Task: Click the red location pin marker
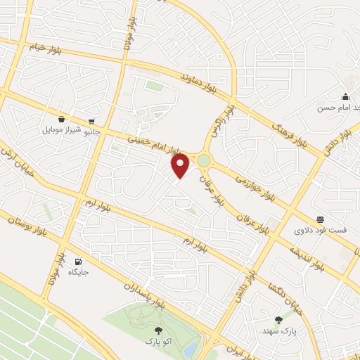(x=181, y=166)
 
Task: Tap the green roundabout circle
(x=204, y=161)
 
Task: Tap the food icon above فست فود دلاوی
(x=321, y=219)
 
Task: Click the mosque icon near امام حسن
(x=345, y=97)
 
